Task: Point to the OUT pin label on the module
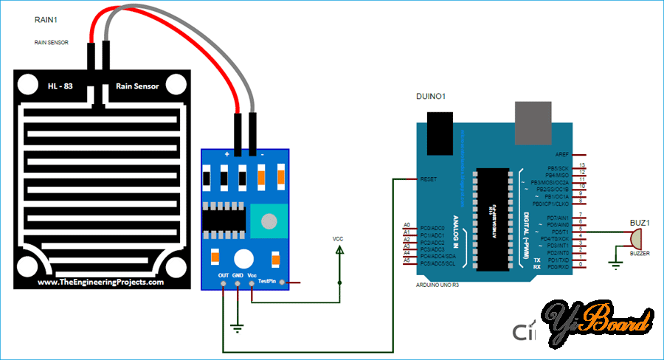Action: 224,275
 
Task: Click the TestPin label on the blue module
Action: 267,281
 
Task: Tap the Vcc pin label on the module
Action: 252,275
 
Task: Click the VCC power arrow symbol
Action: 339,251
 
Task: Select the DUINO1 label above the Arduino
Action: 432,97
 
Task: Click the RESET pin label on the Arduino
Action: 429,179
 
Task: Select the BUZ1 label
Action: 639,221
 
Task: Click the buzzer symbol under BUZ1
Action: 634,238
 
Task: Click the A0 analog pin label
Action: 407,224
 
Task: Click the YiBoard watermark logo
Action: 598,322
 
